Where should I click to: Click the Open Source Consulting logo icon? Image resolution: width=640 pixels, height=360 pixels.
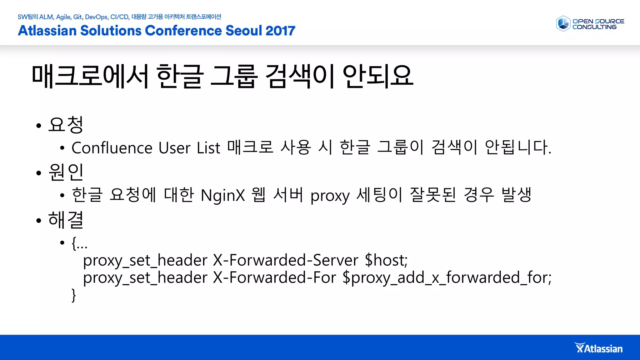563,24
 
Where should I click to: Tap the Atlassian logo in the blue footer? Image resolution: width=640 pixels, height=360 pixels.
598,348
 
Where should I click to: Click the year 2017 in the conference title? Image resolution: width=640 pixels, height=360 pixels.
280,31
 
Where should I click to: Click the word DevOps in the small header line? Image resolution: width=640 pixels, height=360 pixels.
96,17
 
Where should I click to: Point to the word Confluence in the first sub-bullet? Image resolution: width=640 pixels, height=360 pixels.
112,148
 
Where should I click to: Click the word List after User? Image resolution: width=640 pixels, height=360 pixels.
208,148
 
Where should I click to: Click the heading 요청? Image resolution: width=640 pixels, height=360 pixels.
66,125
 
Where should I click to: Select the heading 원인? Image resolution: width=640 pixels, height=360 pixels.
66,172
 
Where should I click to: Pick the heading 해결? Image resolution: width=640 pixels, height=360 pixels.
66,220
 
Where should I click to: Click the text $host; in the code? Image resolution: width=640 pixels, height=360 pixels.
386,260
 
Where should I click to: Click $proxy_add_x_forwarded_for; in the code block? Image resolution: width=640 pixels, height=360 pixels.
447,277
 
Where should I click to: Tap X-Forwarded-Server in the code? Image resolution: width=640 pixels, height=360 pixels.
285,260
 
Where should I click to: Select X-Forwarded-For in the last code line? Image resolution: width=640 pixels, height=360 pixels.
274,277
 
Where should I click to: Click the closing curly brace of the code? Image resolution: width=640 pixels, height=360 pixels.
74,295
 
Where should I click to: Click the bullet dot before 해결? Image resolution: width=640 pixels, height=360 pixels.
39,221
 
